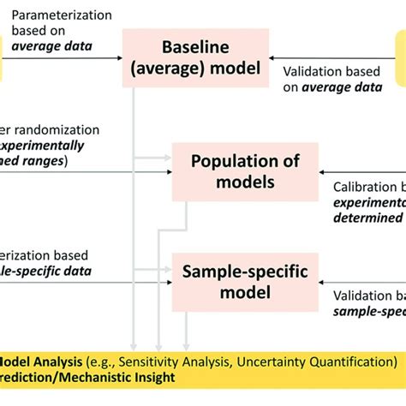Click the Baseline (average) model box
click(195, 58)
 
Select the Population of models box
click(244, 172)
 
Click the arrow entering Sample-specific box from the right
click(321, 281)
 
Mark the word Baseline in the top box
click(195, 48)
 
